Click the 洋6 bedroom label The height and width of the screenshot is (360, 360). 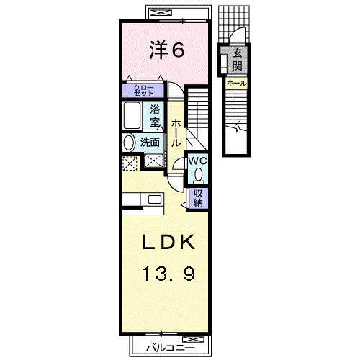point(167,50)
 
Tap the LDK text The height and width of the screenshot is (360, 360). point(168,242)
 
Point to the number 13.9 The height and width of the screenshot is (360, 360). point(168,274)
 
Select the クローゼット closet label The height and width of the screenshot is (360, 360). point(143,91)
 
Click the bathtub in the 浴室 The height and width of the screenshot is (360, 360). point(132,115)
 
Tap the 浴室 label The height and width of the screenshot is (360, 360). point(155,116)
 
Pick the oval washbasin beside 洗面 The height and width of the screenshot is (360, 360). point(129,143)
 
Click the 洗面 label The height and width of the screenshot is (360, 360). point(150,143)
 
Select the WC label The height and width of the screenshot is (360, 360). point(198,161)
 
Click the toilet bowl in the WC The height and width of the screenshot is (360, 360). point(199,175)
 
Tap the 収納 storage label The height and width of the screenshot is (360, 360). point(198,198)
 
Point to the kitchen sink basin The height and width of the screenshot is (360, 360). point(155,199)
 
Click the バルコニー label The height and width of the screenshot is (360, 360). point(171,348)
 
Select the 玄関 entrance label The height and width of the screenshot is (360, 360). point(237,59)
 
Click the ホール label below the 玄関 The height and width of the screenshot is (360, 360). point(237,84)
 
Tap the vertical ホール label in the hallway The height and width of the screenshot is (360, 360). point(176,132)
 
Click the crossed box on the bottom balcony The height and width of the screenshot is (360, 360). point(193,339)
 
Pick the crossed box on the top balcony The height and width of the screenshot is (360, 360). point(161,12)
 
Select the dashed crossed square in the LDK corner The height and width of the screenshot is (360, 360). point(130,163)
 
